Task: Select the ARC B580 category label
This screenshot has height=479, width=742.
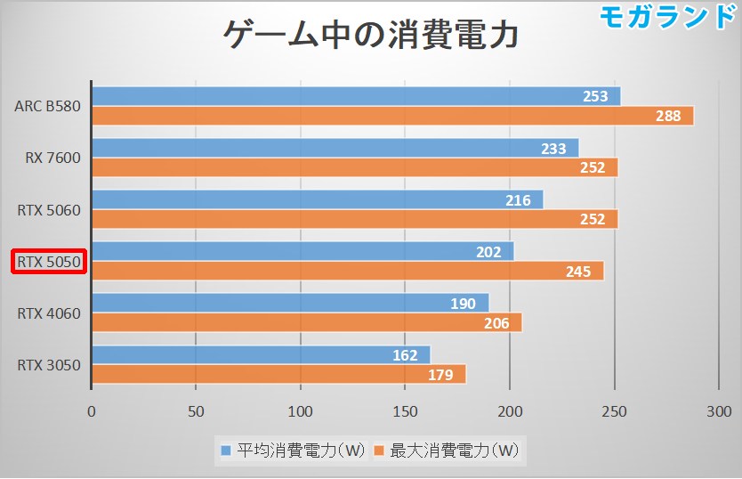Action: pyautogui.click(x=47, y=106)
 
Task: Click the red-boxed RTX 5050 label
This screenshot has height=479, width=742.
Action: pyautogui.click(x=49, y=262)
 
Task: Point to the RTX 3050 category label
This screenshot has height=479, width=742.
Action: pyautogui.click(x=49, y=365)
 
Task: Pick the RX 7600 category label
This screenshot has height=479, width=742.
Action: pyautogui.click(x=52, y=158)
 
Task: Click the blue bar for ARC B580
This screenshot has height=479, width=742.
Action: pyautogui.click(x=356, y=96)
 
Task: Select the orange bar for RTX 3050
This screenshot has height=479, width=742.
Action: pyautogui.click(x=278, y=375)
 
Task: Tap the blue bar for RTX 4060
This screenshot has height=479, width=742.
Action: pyautogui.click(x=290, y=304)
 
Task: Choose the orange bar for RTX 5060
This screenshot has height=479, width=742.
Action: pyautogui.click(x=354, y=219)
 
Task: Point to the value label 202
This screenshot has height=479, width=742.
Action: pyautogui.click(x=488, y=252)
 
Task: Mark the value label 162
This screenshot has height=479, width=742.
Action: pyautogui.click(x=405, y=356)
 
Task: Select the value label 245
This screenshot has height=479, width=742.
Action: pyautogui.click(x=578, y=272)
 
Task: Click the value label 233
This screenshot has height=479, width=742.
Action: pyautogui.click(x=553, y=149)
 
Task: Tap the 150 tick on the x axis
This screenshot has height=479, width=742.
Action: pyautogui.click(x=405, y=411)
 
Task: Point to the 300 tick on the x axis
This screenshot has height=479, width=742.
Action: pyautogui.click(x=718, y=411)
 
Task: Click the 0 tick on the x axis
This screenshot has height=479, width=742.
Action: pyautogui.click(x=92, y=411)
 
